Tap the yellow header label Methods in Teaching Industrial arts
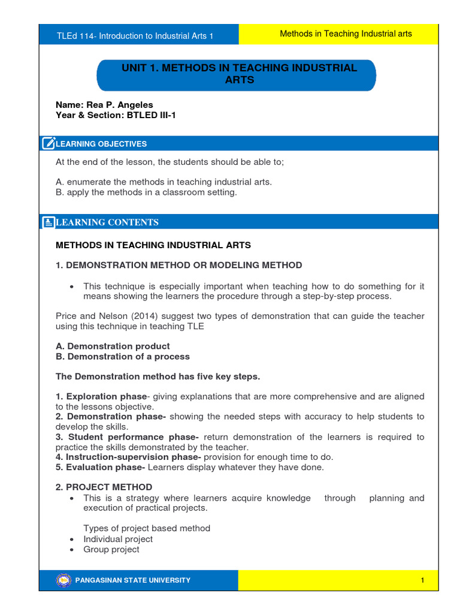click(346, 34)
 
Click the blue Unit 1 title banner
click(237, 74)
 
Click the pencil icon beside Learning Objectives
click(49, 143)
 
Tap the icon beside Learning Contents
click(49, 222)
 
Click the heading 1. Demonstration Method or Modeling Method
click(178, 265)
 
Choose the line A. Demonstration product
click(113, 346)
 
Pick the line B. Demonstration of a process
click(122, 356)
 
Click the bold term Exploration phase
click(105, 396)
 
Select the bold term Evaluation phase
click(104, 467)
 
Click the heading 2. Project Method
click(104, 487)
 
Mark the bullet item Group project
click(111, 549)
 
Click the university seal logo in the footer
click(63, 580)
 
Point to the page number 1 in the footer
click(422, 580)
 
